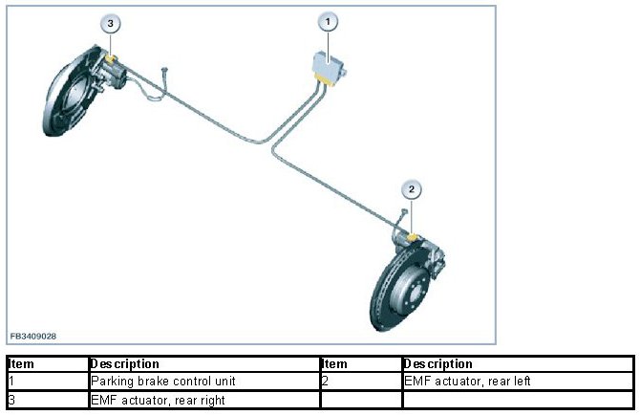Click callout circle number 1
328,21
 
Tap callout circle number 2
411,188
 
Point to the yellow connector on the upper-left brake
113,60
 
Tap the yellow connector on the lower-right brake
413,236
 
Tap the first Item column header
22,364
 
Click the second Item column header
335,364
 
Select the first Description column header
125,364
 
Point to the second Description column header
438,364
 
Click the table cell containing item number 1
46,381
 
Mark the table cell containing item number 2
360,381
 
